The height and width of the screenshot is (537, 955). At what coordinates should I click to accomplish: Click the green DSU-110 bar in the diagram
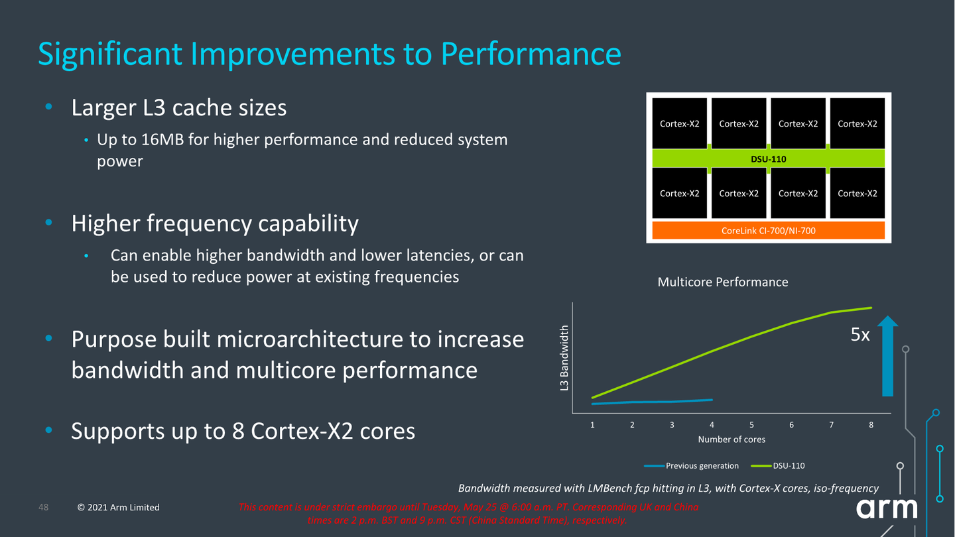coord(769,158)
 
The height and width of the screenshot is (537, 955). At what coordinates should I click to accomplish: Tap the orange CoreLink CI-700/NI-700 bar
coord(769,231)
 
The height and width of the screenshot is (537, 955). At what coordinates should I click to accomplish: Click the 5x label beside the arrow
coord(860,335)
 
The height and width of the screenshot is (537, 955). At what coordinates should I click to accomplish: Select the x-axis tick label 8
coord(871,425)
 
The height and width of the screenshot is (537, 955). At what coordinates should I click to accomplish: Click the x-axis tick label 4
coord(712,425)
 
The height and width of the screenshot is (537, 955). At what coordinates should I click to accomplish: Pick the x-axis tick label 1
coord(592,425)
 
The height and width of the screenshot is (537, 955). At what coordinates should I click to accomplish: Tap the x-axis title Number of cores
coord(731,440)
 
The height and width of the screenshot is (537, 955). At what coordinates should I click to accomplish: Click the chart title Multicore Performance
coord(722,282)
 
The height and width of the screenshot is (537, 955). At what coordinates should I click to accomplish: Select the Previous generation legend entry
coord(701,465)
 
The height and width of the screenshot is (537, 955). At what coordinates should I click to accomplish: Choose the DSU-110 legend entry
coord(788,465)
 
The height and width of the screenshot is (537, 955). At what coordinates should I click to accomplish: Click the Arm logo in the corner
coord(886,509)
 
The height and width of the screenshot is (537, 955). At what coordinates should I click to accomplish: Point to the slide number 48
coord(44,507)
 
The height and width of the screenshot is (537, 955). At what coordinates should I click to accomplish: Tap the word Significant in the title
coord(110,54)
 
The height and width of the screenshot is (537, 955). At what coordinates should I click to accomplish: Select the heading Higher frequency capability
coord(215,223)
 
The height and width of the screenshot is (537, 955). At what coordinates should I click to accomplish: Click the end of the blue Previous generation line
coord(712,400)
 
